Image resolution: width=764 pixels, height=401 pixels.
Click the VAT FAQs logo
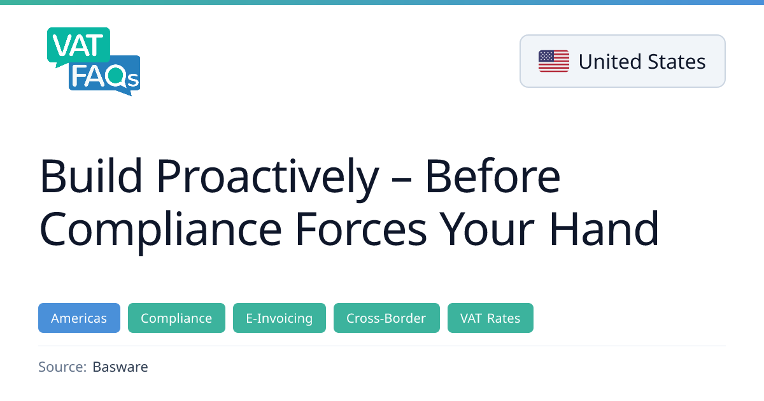94,61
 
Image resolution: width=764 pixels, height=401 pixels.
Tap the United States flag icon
553,61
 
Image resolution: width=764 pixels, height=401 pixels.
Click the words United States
642,62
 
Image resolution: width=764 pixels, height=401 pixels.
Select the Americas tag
79,318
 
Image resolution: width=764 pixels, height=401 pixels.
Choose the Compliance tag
176,318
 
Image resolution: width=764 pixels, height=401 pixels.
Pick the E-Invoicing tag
279,318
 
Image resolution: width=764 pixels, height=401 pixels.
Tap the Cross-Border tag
386,318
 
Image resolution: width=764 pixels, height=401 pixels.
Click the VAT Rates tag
490,318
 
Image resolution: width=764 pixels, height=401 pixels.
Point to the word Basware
120,367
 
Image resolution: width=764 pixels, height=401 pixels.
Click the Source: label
62,367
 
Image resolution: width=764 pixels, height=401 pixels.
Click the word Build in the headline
90,176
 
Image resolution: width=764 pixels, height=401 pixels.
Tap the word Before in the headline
493,176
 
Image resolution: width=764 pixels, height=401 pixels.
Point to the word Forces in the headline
360,229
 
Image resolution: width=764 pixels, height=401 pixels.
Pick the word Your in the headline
486,229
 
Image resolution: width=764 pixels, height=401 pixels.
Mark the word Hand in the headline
604,228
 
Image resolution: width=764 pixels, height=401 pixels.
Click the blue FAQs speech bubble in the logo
104,76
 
